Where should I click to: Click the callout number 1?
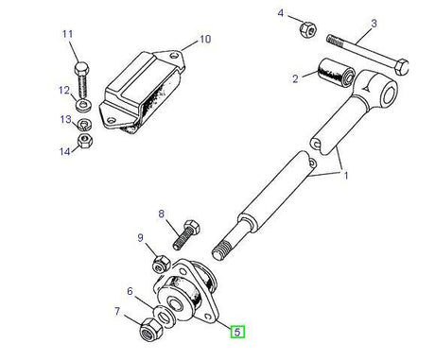pyautogui.click(x=346, y=176)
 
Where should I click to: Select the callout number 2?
pyautogui.click(x=295, y=78)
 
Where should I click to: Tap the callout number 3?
pyautogui.click(x=374, y=23)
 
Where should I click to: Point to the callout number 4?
pyautogui.click(x=280, y=12)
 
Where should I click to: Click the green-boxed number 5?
pyautogui.click(x=239, y=331)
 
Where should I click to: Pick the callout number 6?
pyautogui.click(x=130, y=293)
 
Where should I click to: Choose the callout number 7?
pyautogui.click(x=118, y=312)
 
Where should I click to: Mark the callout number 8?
pyautogui.click(x=162, y=214)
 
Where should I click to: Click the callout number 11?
pyautogui.click(x=67, y=36)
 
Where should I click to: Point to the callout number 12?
pyautogui.click(x=64, y=92)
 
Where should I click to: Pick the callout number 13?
pyautogui.click(x=64, y=120)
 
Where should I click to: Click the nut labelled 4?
pyautogui.click(x=306, y=30)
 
